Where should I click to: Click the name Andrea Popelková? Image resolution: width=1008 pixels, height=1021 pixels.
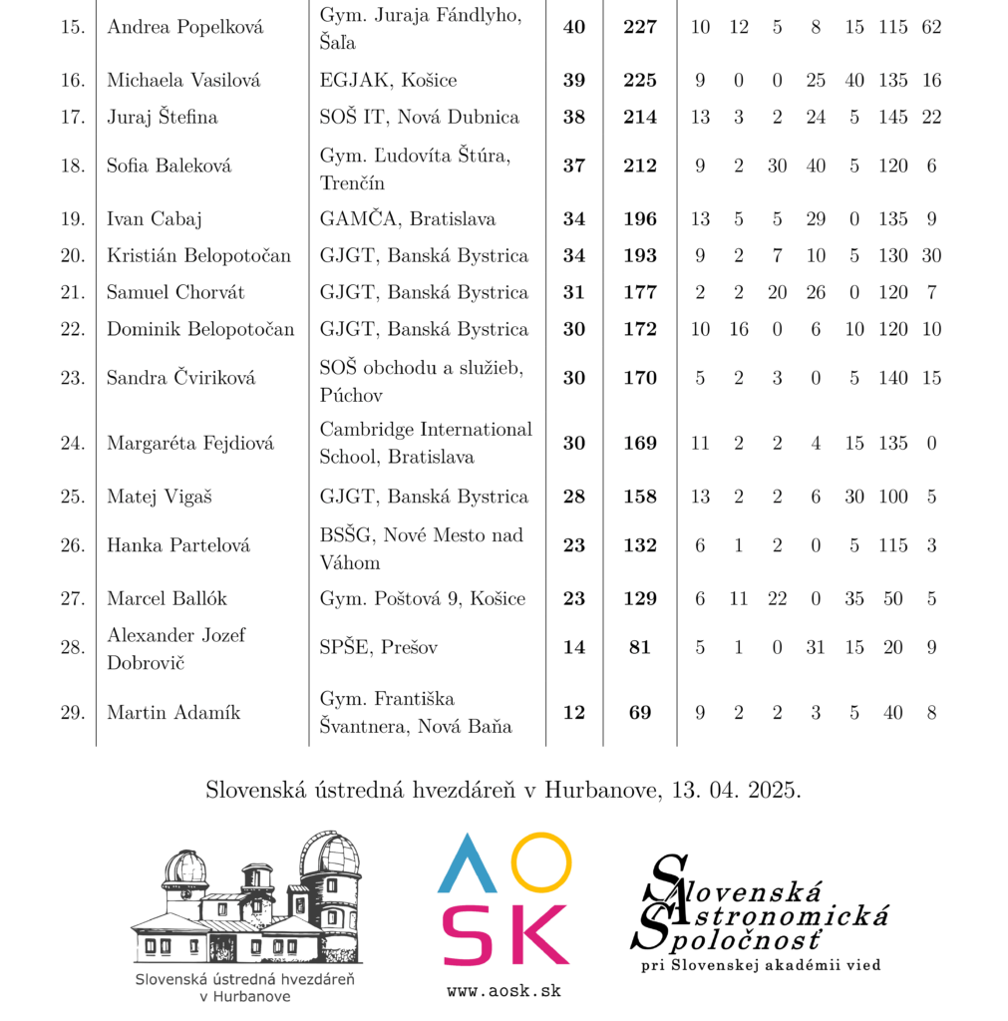point(184,28)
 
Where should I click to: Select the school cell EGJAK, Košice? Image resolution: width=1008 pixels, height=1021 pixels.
point(388,80)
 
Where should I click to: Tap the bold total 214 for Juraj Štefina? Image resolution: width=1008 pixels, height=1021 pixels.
point(639,117)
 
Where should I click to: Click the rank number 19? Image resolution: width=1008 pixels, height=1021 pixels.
point(72,218)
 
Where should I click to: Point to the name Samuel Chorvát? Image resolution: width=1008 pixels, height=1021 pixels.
point(175,292)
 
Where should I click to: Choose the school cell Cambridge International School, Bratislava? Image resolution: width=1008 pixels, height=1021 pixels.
point(426,443)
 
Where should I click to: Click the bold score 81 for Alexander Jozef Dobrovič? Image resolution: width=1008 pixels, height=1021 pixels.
point(639,647)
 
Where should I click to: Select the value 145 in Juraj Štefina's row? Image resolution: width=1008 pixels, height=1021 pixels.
point(892,117)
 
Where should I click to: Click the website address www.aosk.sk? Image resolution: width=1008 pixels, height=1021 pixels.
point(504,991)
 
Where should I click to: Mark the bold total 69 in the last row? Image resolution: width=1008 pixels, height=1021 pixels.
point(639,712)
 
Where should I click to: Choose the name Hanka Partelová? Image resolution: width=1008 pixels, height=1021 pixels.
point(178,545)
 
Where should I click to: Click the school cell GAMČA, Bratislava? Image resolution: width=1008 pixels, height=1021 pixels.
point(407,218)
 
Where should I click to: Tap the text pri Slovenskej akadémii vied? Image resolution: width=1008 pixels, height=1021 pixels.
point(761,965)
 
